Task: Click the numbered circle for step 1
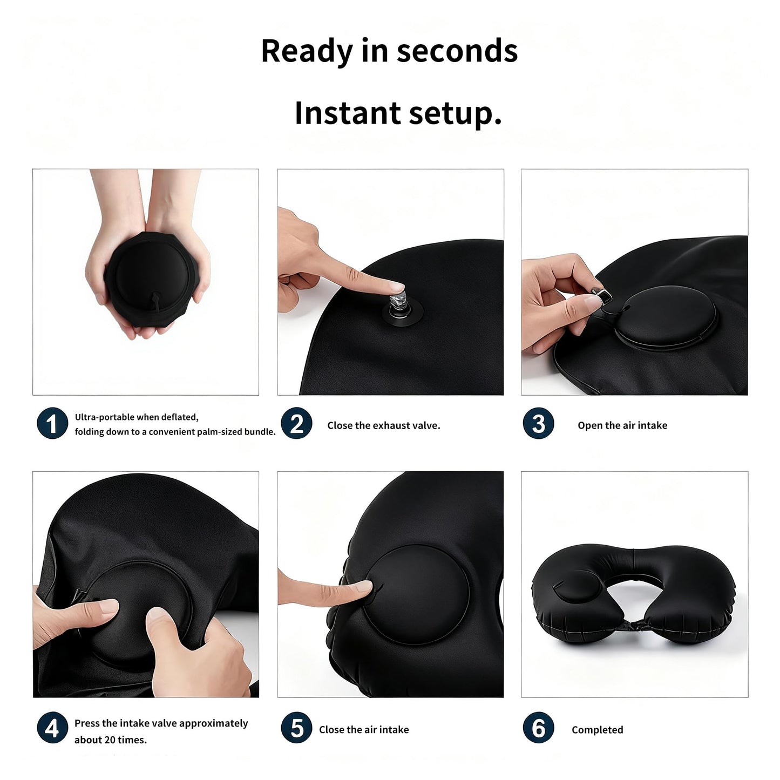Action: (x=52, y=424)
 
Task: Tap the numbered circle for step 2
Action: (x=296, y=424)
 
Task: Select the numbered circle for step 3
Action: (x=538, y=424)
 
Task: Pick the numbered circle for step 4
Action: (x=52, y=728)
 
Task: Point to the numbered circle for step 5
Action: (x=296, y=728)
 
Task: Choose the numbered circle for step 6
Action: (x=538, y=728)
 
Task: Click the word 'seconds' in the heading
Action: (x=457, y=51)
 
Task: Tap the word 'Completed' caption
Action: (x=597, y=730)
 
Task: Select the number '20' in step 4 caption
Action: (x=110, y=740)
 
